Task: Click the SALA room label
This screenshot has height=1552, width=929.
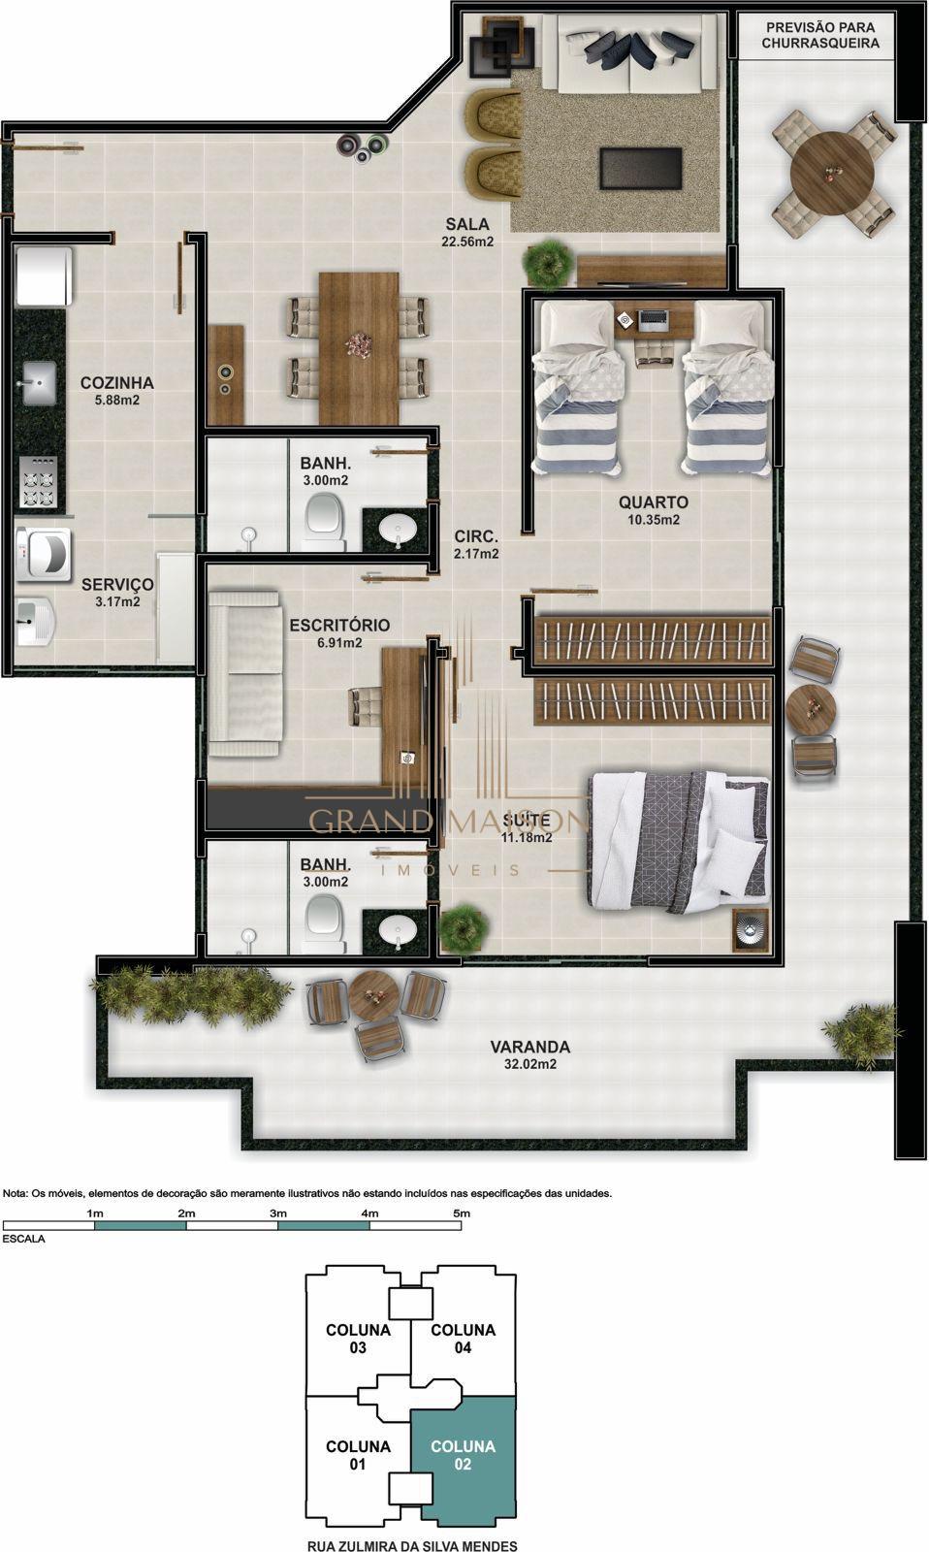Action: (x=467, y=224)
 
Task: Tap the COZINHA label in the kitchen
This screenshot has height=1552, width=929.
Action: (x=117, y=382)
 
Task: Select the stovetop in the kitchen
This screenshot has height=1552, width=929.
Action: (x=38, y=481)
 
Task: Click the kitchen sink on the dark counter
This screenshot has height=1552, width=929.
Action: (x=40, y=382)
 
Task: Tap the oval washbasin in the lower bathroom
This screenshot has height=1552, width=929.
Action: (x=398, y=930)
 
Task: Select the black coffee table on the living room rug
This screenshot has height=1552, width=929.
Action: (x=641, y=169)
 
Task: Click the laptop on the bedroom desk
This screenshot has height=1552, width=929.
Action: (x=654, y=319)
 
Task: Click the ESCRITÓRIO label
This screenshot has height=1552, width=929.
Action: (x=339, y=625)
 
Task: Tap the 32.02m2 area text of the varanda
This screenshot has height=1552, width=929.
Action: (x=530, y=1064)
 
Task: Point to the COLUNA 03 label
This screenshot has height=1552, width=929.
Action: (x=358, y=1339)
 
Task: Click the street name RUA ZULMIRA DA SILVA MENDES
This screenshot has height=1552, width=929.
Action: (x=412, y=1545)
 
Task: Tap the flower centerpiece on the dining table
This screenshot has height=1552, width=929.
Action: (x=358, y=343)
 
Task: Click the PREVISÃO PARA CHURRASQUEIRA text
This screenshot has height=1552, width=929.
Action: (x=820, y=35)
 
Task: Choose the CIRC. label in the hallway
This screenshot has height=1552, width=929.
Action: (x=476, y=536)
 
